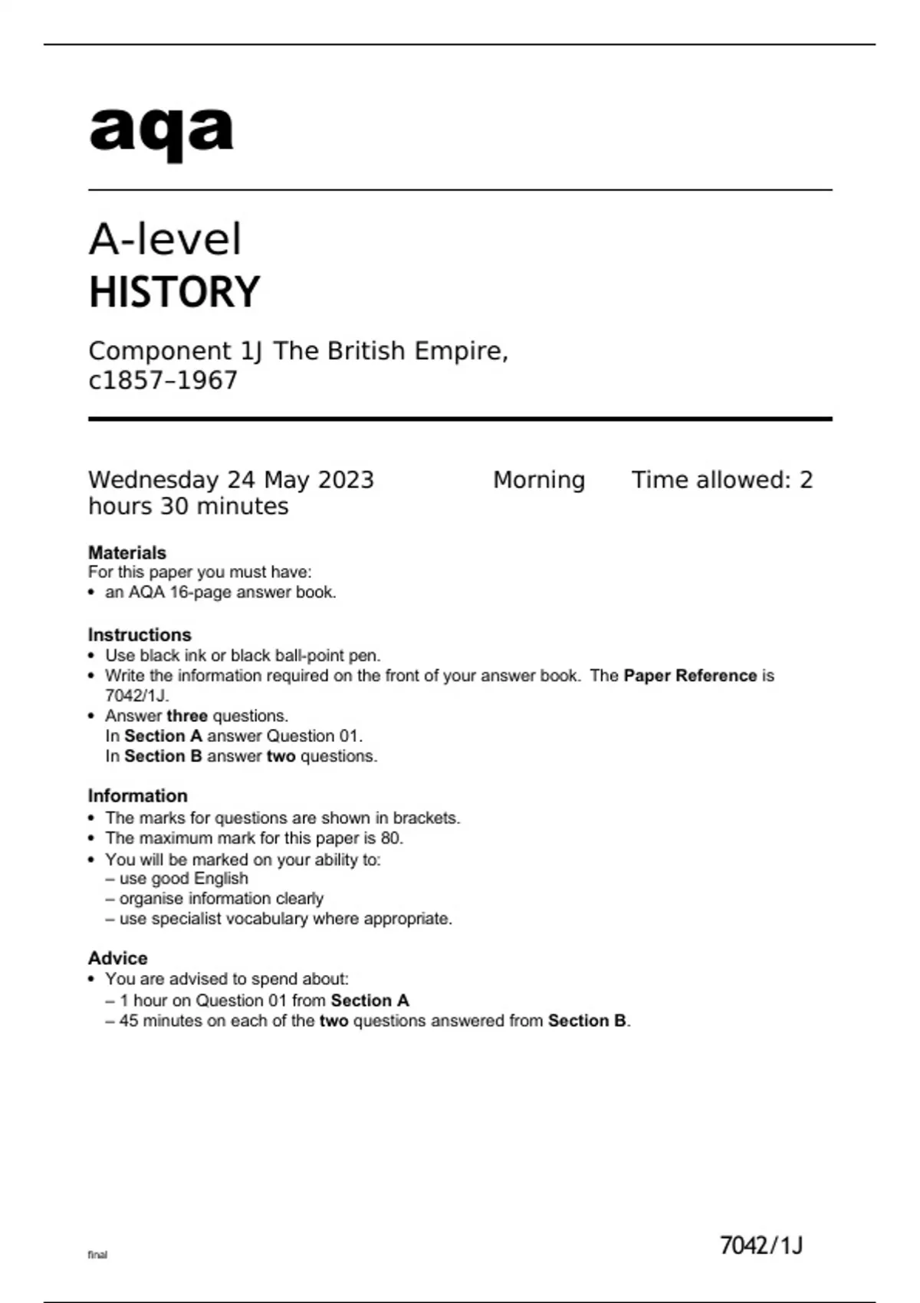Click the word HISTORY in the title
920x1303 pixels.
click(x=174, y=292)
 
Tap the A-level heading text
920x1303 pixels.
click(x=165, y=239)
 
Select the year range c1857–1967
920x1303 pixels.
click(x=163, y=380)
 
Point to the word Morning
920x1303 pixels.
click(x=538, y=480)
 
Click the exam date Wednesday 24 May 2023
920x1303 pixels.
click(x=231, y=480)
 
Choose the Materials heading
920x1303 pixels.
click(x=127, y=553)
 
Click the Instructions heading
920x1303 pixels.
click(x=139, y=635)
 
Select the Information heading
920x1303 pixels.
click(x=137, y=796)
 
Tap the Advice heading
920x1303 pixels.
click(x=117, y=958)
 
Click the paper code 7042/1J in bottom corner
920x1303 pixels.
click(x=761, y=1246)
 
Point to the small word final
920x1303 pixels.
click(x=97, y=1255)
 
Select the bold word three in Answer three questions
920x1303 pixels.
click(x=187, y=716)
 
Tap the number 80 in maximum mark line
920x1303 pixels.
click(x=390, y=838)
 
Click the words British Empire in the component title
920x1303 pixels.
click(x=415, y=351)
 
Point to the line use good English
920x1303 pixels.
click(x=183, y=878)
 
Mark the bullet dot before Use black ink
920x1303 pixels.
click(x=92, y=656)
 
